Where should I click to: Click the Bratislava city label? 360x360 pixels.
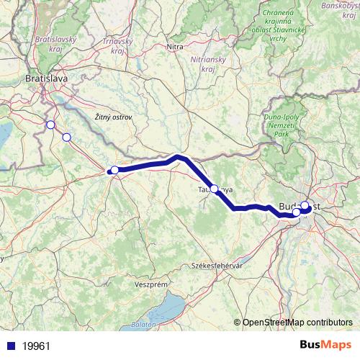click(46, 78)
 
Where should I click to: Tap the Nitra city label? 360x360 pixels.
click(175, 47)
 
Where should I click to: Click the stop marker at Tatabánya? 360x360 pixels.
click(214, 189)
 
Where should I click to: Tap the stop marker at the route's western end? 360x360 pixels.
click(114, 170)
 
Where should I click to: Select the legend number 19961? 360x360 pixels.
click(36, 346)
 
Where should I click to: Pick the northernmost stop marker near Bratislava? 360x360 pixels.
click(50, 125)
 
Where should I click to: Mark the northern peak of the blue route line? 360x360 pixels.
click(179, 156)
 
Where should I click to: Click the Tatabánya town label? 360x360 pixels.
click(215, 189)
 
